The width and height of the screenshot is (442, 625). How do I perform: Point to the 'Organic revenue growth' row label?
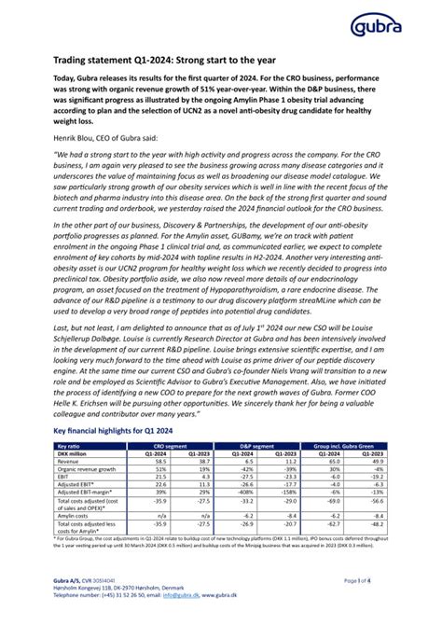click(x=88, y=468)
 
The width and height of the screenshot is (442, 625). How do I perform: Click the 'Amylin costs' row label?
click(x=76, y=513)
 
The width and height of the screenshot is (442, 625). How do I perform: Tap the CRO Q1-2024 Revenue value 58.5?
click(x=159, y=461)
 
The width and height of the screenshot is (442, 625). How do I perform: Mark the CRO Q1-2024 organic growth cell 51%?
click(x=159, y=468)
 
